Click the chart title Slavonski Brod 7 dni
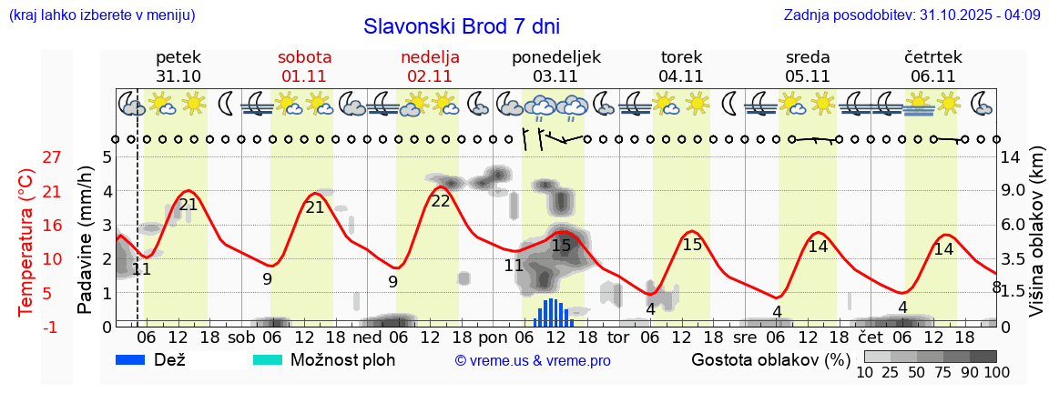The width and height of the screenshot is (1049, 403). (x=462, y=25)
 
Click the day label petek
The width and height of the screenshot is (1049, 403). (x=178, y=57)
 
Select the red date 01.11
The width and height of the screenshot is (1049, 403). (x=305, y=76)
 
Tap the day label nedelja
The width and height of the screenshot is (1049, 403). (x=430, y=57)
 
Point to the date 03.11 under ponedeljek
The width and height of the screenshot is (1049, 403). (x=555, y=76)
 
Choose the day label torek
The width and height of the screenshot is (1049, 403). (x=681, y=57)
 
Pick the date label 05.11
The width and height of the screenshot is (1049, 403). (x=808, y=76)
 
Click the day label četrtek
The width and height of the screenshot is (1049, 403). (x=932, y=57)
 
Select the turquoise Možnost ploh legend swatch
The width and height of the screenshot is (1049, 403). (x=268, y=360)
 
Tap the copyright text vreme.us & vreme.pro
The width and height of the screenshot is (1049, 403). (x=533, y=361)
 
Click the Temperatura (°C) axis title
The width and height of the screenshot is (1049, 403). (x=26, y=243)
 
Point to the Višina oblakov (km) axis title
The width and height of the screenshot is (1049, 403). (x=1035, y=233)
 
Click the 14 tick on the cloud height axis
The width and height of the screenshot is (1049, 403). (x=1012, y=157)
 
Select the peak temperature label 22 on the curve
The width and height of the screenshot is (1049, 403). (x=441, y=201)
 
